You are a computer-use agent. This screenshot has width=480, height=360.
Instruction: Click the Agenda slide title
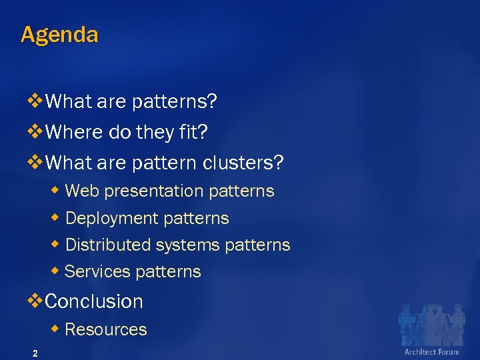pos(59,35)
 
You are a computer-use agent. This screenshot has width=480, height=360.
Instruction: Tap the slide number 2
pos(35,353)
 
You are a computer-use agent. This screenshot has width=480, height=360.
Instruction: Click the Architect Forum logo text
pos(431,351)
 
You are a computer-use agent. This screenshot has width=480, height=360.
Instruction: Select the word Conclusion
pos(94,301)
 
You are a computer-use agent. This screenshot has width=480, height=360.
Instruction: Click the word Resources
pos(106,329)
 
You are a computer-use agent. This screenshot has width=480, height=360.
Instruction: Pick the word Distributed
pos(108,245)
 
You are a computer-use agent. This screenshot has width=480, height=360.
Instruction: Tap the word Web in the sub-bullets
pos(82,191)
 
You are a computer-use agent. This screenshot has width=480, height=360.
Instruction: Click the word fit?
pos(193,132)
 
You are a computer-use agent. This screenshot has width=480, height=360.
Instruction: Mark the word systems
pos(188,245)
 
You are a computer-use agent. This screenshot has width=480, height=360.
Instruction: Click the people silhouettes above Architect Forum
pos(430,324)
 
